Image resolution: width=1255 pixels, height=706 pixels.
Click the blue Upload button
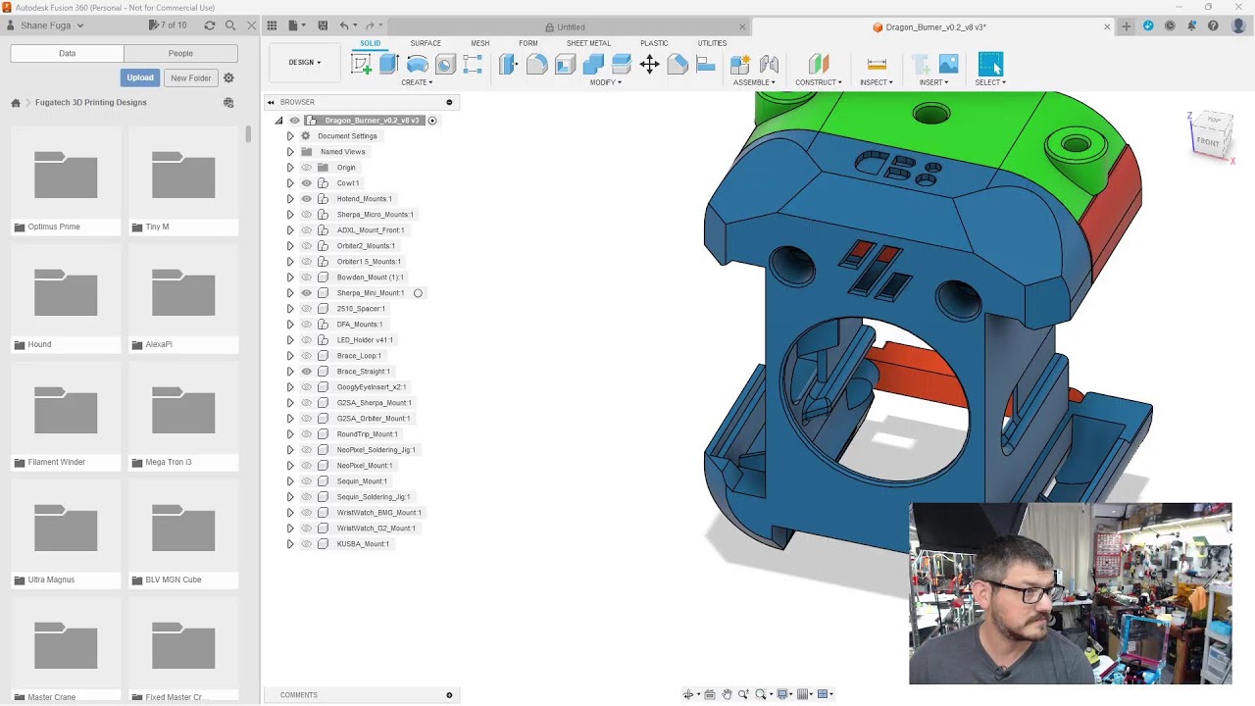click(139, 77)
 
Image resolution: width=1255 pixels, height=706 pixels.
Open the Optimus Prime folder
click(66, 176)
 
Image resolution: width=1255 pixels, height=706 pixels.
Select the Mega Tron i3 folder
click(182, 412)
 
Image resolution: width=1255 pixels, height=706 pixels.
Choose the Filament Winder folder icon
click(66, 412)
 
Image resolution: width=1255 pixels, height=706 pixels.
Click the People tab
click(180, 53)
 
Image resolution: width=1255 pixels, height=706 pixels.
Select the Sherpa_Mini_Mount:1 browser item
click(370, 293)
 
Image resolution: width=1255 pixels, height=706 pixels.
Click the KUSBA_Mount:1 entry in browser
click(363, 544)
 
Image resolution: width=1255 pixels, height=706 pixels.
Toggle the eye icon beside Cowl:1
click(306, 183)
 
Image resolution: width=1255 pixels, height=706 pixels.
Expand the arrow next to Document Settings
click(290, 136)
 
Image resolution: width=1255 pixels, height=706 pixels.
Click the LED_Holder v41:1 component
click(365, 340)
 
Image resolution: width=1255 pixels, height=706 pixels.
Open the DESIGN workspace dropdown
click(304, 63)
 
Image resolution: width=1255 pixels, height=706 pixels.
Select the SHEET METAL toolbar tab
click(588, 43)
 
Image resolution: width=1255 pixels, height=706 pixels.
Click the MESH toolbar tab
click(479, 43)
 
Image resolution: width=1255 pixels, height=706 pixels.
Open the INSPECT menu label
click(876, 82)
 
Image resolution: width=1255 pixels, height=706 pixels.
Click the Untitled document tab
click(571, 27)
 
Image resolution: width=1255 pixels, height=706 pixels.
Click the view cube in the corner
click(1211, 135)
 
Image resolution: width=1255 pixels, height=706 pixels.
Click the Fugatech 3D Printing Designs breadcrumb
click(90, 102)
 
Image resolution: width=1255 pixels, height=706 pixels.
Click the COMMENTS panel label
click(299, 695)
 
